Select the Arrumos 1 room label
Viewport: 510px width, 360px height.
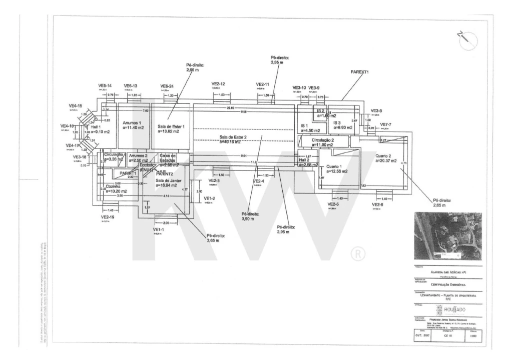[x=133, y=122]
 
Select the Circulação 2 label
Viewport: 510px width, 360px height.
[x=323, y=140]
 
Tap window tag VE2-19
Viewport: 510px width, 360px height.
[x=108, y=217]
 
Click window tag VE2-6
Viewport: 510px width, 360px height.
[x=378, y=204]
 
